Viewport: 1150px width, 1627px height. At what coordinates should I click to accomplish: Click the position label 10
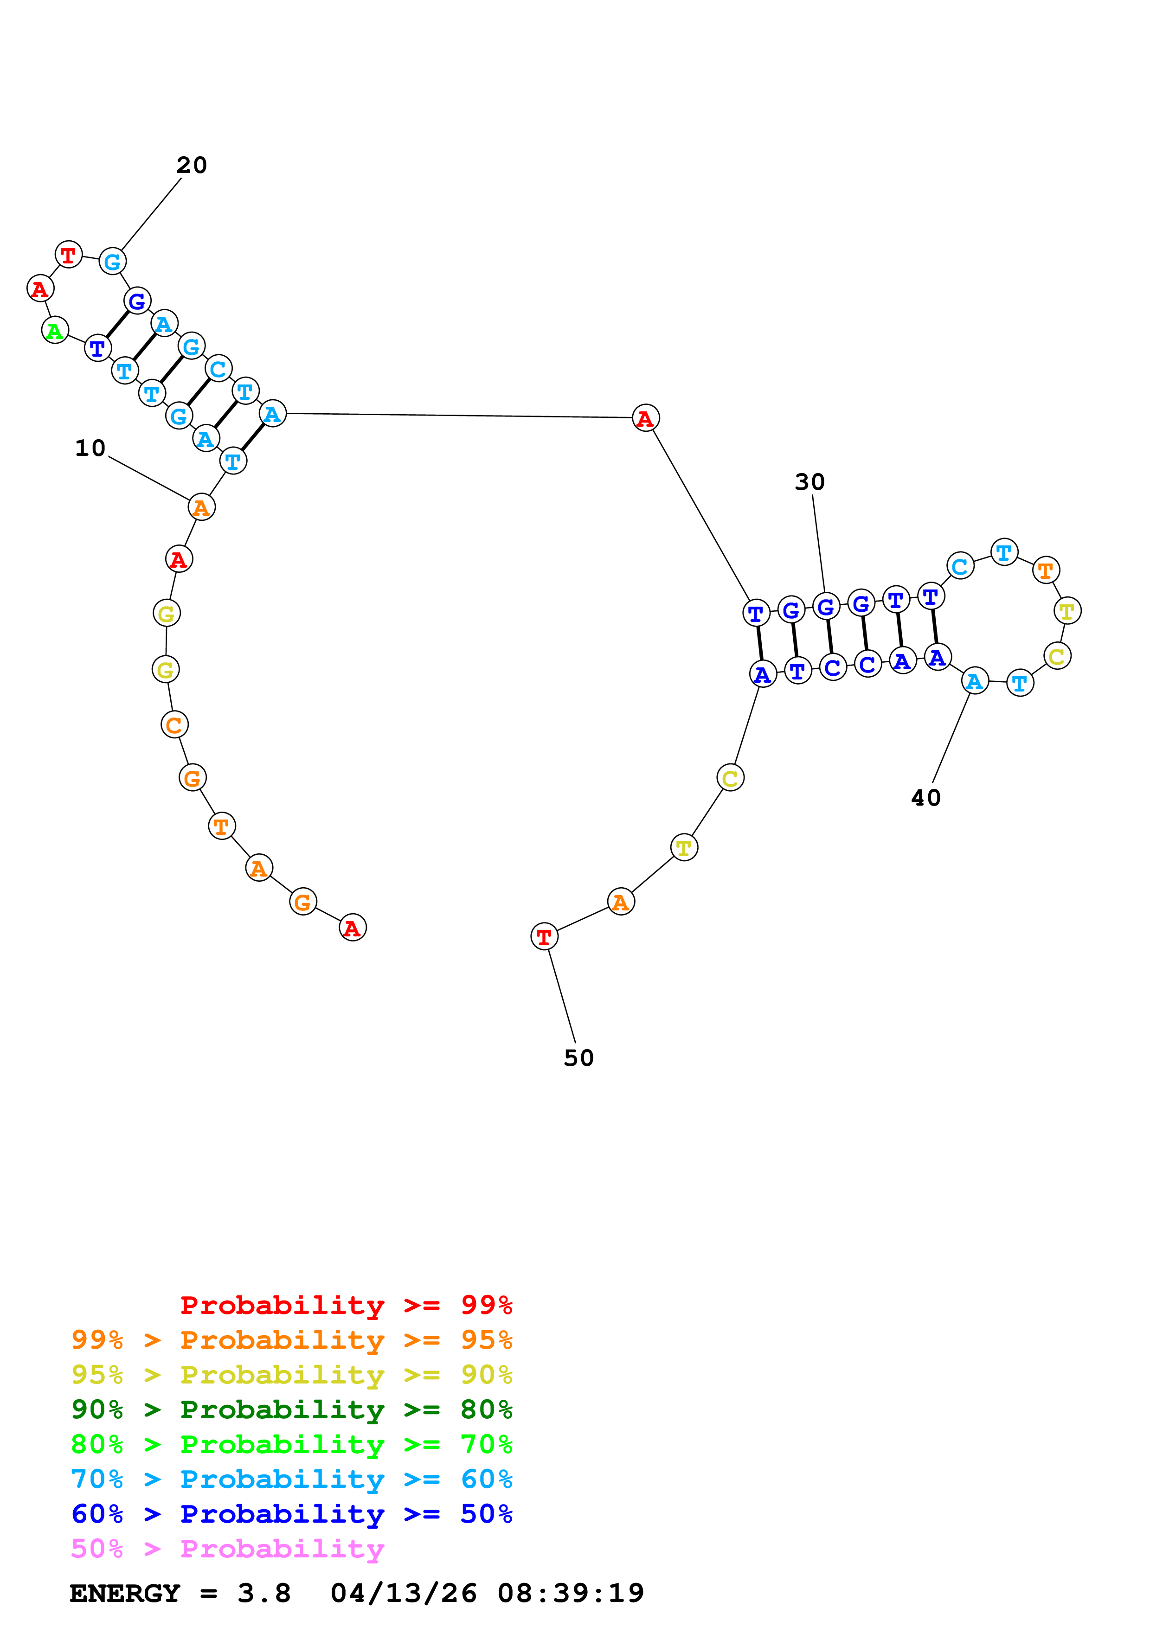[x=90, y=448]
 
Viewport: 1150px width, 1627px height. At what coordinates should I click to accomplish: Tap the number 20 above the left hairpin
[x=191, y=165]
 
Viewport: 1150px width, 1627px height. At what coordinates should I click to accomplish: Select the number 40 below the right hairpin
[x=925, y=798]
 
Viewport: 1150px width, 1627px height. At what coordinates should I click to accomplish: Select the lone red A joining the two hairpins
[x=645, y=418]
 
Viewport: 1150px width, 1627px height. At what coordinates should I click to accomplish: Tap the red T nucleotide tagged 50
[x=544, y=937]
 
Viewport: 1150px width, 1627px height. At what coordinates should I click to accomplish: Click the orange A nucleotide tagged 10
[x=201, y=507]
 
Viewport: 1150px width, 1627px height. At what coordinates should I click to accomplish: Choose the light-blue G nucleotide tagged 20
[x=112, y=262]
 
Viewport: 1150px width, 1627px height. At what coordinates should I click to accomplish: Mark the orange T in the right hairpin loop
[x=1046, y=570]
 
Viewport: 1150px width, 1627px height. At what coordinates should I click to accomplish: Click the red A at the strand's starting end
[x=352, y=928]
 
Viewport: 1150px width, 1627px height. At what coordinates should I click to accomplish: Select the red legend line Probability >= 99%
[x=346, y=1305]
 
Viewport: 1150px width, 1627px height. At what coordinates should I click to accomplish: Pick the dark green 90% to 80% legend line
[x=291, y=1409]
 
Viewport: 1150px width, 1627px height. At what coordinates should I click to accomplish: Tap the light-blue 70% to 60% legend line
[x=291, y=1479]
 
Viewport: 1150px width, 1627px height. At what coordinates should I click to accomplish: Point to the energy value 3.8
[x=263, y=1593]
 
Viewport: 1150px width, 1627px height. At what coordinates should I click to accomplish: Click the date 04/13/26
[x=403, y=1593]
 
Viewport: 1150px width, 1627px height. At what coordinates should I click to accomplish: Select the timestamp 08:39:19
[x=571, y=1593]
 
